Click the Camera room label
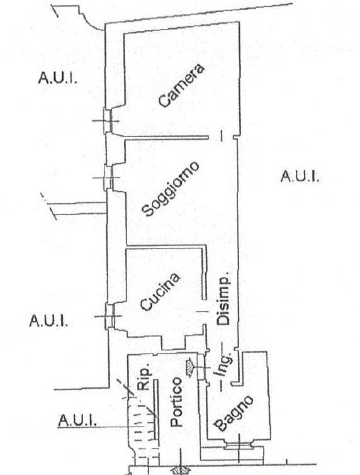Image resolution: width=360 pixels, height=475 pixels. pos(181,86)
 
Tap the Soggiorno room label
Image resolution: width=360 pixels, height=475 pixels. pos(171,189)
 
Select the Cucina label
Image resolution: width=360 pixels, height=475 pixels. pos(160,292)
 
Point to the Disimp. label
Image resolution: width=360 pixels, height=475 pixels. pos(223,300)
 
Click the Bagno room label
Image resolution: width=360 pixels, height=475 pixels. pos(233,413)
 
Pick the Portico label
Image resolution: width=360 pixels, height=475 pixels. pos(176,401)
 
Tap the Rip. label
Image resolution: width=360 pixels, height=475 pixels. pos(143,379)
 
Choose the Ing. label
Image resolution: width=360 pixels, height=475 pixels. pos(225,365)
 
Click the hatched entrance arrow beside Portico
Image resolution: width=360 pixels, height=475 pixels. pos(189,367)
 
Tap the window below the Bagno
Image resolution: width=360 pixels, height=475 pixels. pos(239,445)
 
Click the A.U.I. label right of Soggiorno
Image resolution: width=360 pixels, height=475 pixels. pos(300,176)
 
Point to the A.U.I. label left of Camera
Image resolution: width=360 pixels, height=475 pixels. pos(57,77)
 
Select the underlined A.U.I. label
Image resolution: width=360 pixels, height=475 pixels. pos(77,420)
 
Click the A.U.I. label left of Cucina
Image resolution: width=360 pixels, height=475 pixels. pos(48,320)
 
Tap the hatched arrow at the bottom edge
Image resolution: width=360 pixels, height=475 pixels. pos(180,471)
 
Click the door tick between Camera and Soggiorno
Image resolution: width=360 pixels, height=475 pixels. pos(222,136)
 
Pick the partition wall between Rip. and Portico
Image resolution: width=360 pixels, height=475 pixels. pos(155,409)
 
